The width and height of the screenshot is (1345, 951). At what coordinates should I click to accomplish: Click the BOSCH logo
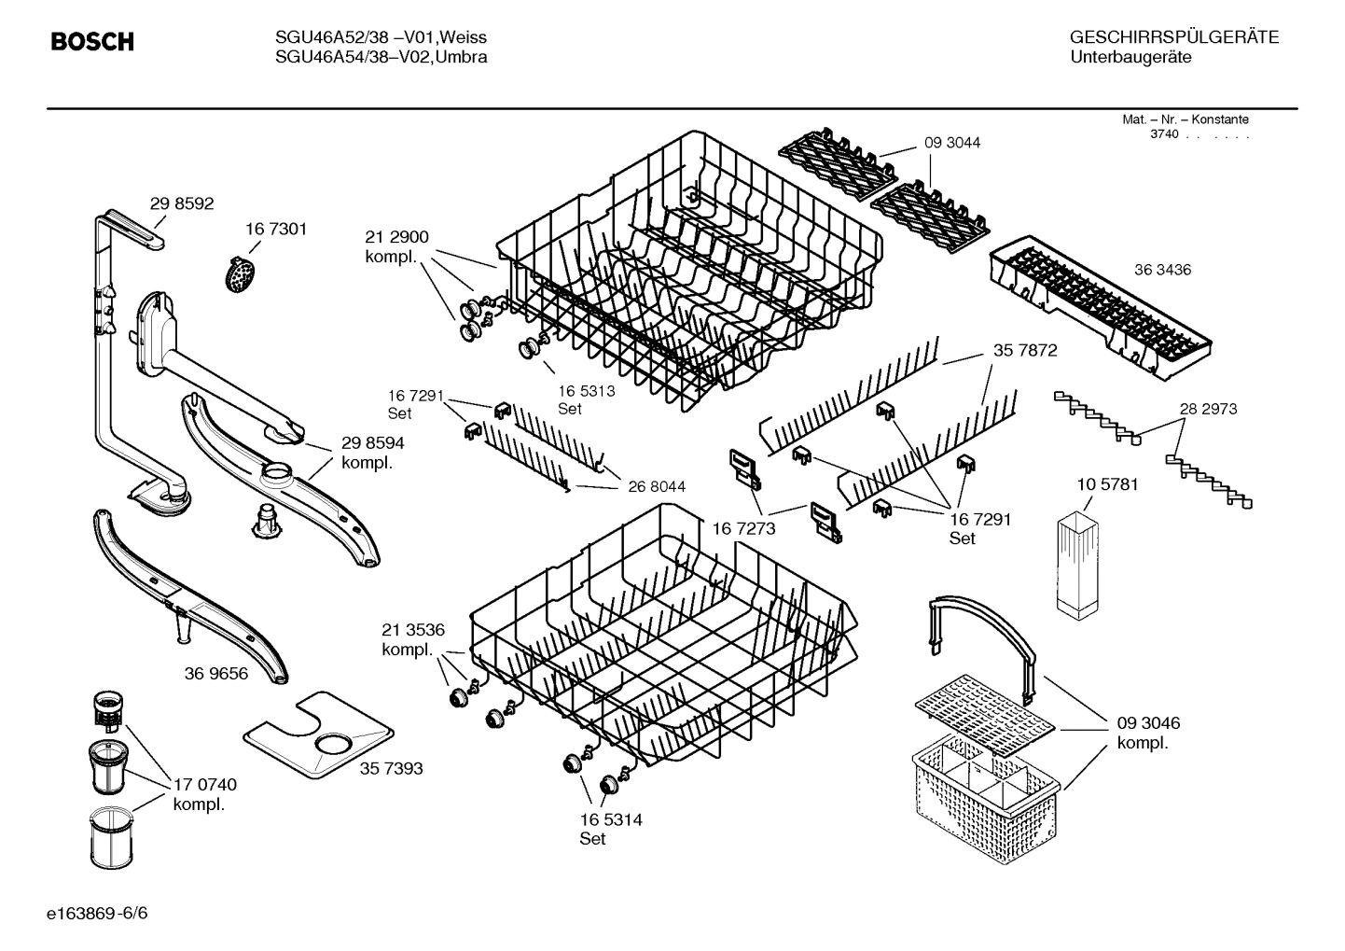tap(91, 42)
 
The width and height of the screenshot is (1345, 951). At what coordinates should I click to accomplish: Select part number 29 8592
tap(182, 203)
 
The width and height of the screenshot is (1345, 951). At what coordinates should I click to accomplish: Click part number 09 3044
tap(952, 143)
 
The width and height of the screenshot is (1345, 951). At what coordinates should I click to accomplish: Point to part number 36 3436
tap(1162, 270)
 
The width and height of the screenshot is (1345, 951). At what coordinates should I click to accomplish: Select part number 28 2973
tap(1208, 409)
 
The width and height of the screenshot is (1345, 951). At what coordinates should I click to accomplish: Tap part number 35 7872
tap(1025, 350)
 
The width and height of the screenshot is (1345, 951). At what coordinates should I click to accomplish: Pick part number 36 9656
tap(216, 673)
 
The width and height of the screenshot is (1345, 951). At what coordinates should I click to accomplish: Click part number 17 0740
tap(205, 785)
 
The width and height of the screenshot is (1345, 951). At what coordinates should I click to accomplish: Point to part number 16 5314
tap(610, 819)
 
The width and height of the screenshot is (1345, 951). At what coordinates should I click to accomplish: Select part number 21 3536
tap(413, 629)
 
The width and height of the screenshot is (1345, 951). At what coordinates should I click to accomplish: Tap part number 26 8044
tap(657, 486)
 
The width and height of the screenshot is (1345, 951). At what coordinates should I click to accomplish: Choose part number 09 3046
tap(1148, 723)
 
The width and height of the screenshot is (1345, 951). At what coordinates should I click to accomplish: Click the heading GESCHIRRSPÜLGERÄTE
tap(1173, 37)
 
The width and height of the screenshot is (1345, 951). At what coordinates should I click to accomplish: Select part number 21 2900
tap(396, 237)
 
